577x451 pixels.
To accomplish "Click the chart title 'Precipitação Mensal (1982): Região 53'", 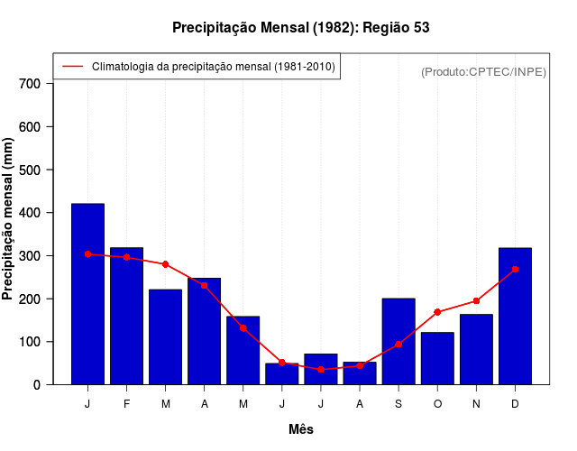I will click(x=300, y=28).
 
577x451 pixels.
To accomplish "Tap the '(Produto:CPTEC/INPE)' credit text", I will click(x=483, y=71).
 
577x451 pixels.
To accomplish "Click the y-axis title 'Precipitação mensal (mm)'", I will click(x=8, y=219).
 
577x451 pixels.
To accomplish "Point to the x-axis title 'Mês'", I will click(x=301, y=429).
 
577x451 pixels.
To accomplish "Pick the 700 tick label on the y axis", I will click(x=30, y=84).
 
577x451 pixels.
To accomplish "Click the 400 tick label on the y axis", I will click(x=30, y=213).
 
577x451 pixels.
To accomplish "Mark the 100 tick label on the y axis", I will click(x=30, y=342).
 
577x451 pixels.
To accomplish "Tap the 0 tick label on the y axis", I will click(x=36, y=385).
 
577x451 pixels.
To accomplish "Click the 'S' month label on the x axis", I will click(x=398, y=404).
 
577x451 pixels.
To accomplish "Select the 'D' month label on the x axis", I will click(x=515, y=404).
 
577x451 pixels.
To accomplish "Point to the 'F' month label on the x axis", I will click(x=126, y=404).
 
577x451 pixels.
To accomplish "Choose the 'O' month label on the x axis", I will click(x=437, y=404).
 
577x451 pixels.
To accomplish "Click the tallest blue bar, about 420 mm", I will click(x=87, y=294).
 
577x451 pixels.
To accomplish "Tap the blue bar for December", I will click(x=515, y=316).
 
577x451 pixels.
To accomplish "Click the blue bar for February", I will click(x=126, y=316).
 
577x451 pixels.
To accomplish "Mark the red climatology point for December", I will click(x=515, y=269).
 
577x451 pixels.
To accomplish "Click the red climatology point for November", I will click(x=476, y=301).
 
